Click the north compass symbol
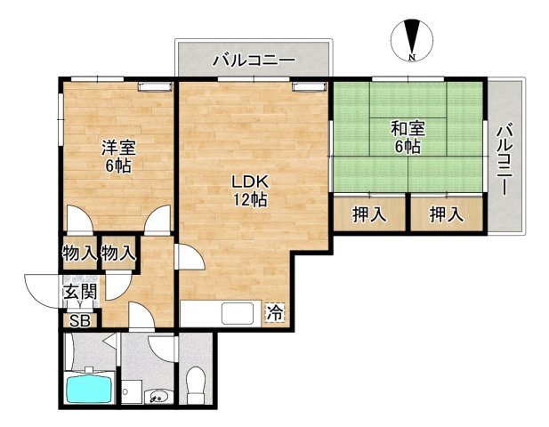tap(411, 40)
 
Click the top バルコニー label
tap(253, 61)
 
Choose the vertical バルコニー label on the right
tap(505, 161)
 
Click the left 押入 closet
tap(369, 214)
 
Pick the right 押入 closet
tap(447, 214)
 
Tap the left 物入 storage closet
tap(79, 253)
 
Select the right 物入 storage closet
tap(118, 253)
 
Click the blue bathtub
tap(89, 389)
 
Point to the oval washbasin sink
tap(159, 397)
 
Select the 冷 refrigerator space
tap(276, 313)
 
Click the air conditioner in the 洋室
tap(151, 86)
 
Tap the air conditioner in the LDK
tap(306, 86)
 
